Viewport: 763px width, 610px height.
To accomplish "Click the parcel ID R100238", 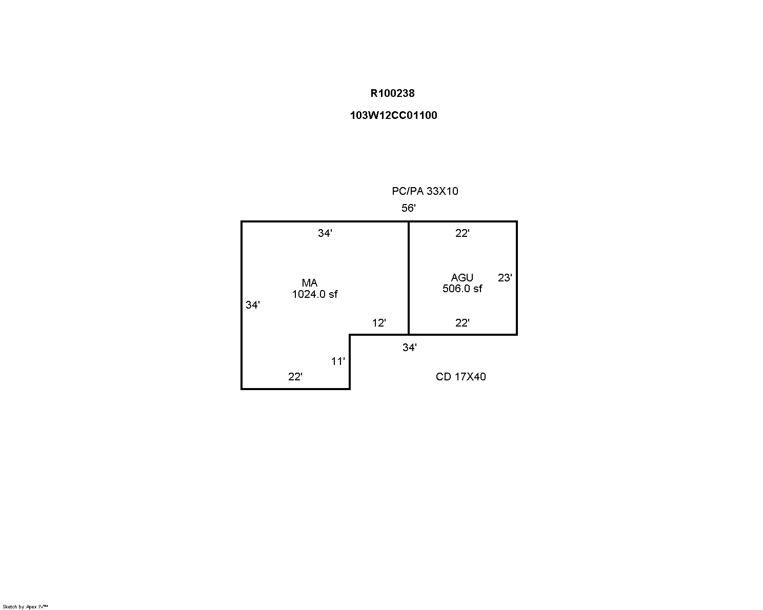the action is [x=392, y=93].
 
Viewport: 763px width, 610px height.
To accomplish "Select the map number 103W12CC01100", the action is [x=394, y=115].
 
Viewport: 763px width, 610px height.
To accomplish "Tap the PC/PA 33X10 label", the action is [x=425, y=191].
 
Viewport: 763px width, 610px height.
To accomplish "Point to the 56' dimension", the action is [x=409, y=208].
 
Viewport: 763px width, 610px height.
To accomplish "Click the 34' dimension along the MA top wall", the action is [x=325, y=233].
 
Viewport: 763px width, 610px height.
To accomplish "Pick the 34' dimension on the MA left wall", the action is [x=252, y=304].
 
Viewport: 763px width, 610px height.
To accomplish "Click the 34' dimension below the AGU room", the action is [x=410, y=348].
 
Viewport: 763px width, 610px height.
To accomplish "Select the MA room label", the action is [x=310, y=283].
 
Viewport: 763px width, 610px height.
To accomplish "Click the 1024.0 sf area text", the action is [x=315, y=294].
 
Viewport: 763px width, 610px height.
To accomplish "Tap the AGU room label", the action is [x=462, y=277].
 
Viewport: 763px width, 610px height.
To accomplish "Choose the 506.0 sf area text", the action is [x=462, y=289].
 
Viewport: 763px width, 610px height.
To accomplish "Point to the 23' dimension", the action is [x=505, y=277].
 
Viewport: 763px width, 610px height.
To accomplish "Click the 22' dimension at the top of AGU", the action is [x=463, y=233].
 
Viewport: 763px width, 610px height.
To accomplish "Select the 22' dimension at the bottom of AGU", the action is [x=463, y=322].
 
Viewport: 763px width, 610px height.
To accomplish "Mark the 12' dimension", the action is [x=379, y=322].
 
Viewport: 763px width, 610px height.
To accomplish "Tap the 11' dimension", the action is [x=338, y=361].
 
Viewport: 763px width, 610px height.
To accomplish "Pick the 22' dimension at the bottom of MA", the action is [x=295, y=376].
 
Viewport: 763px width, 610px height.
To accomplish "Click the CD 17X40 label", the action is [x=460, y=376].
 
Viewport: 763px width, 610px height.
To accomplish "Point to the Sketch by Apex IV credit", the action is [x=25, y=606].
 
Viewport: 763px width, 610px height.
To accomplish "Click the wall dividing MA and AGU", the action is [x=409, y=278].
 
